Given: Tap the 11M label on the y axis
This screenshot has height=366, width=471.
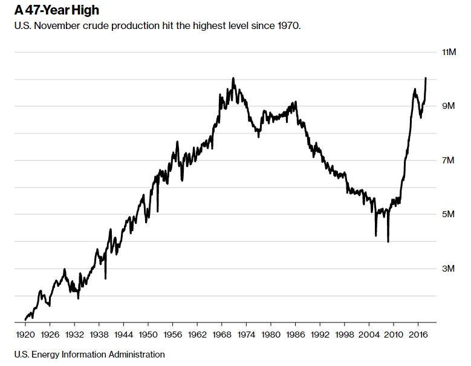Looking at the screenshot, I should tap(448, 53).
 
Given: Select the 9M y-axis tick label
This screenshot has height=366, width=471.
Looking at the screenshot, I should tap(448, 106).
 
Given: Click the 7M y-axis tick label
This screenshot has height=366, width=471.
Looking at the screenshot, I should tap(448, 160).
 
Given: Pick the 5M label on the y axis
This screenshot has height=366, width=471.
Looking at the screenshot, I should tap(448, 215).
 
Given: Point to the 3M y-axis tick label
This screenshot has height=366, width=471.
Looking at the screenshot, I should tap(448, 269).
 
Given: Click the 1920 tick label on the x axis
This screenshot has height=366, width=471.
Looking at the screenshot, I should tap(25, 333).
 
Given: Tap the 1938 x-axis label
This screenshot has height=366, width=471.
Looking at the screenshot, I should tap(99, 333).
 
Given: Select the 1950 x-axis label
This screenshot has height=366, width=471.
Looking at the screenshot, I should tap(148, 333).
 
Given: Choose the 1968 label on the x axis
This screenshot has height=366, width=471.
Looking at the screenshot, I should tap(221, 333).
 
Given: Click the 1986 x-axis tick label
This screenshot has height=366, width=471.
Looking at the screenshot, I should tap(295, 333).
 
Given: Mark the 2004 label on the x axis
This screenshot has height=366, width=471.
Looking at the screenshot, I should tap(369, 333).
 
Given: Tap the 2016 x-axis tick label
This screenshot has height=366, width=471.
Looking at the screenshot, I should tap(418, 333).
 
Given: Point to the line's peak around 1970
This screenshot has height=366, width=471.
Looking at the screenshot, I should tap(233, 78).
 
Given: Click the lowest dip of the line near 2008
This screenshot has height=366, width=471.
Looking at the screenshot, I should tap(388, 241).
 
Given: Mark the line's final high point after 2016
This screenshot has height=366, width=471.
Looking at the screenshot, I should tap(426, 78).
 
